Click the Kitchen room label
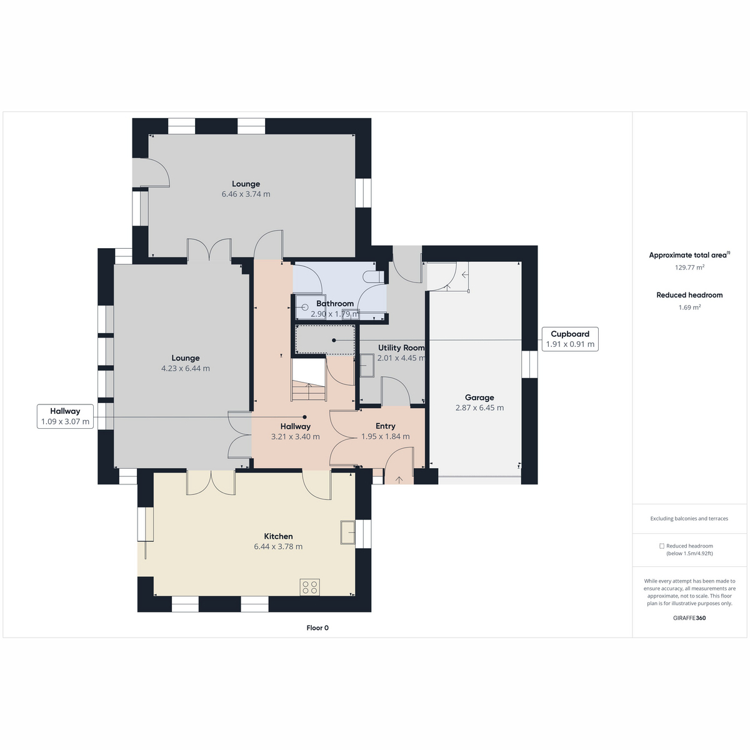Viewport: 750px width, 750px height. pos(278,536)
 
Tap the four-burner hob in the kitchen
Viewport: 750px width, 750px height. pos(310,587)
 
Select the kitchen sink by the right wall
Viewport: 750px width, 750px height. pos(347,532)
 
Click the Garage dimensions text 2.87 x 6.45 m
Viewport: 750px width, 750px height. pos(479,407)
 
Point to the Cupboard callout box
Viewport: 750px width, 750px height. pos(570,339)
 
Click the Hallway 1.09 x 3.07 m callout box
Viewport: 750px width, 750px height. pos(65,416)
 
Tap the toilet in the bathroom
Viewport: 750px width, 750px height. pos(373,277)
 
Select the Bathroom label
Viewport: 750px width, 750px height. pos(335,303)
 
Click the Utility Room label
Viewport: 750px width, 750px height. pos(401,347)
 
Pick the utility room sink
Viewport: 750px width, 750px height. pos(367,365)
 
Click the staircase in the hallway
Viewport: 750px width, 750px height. pos(308,379)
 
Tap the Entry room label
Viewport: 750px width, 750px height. pos(386,426)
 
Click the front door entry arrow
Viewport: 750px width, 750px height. pos(399,479)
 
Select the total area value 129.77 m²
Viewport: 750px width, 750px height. pos(689,267)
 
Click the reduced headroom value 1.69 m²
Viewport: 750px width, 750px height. pos(689,307)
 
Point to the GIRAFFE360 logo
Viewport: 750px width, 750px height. pos(689,617)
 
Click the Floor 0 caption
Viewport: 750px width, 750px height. pos(317,627)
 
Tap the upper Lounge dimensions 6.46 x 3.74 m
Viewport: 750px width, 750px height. pos(246,194)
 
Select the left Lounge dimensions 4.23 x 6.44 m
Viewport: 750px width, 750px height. pos(185,368)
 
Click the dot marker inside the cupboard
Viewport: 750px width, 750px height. pos(334,340)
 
